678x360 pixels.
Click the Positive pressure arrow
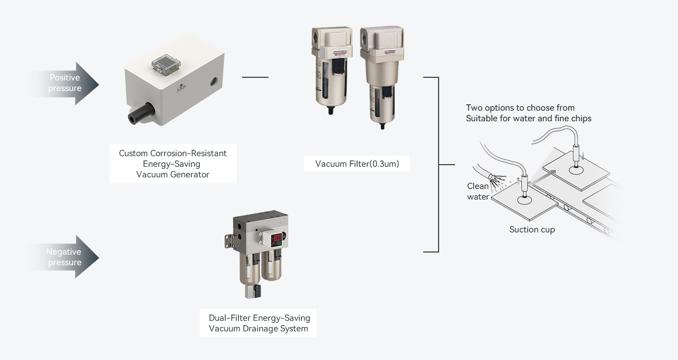(x=66, y=83)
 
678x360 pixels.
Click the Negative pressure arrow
(x=66, y=257)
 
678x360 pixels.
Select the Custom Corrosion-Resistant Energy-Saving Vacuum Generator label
(x=173, y=164)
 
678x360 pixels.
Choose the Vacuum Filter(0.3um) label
(x=357, y=164)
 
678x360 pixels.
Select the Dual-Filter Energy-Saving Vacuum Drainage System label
(x=259, y=323)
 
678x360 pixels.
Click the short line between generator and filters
(x=255, y=77)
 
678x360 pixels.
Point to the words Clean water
(x=478, y=192)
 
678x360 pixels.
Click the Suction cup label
(x=532, y=230)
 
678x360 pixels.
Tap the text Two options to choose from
(x=520, y=108)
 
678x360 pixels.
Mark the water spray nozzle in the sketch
(x=492, y=177)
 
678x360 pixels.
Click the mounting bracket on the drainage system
(x=229, y=238)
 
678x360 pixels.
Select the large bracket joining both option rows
(x=438, y=165)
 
